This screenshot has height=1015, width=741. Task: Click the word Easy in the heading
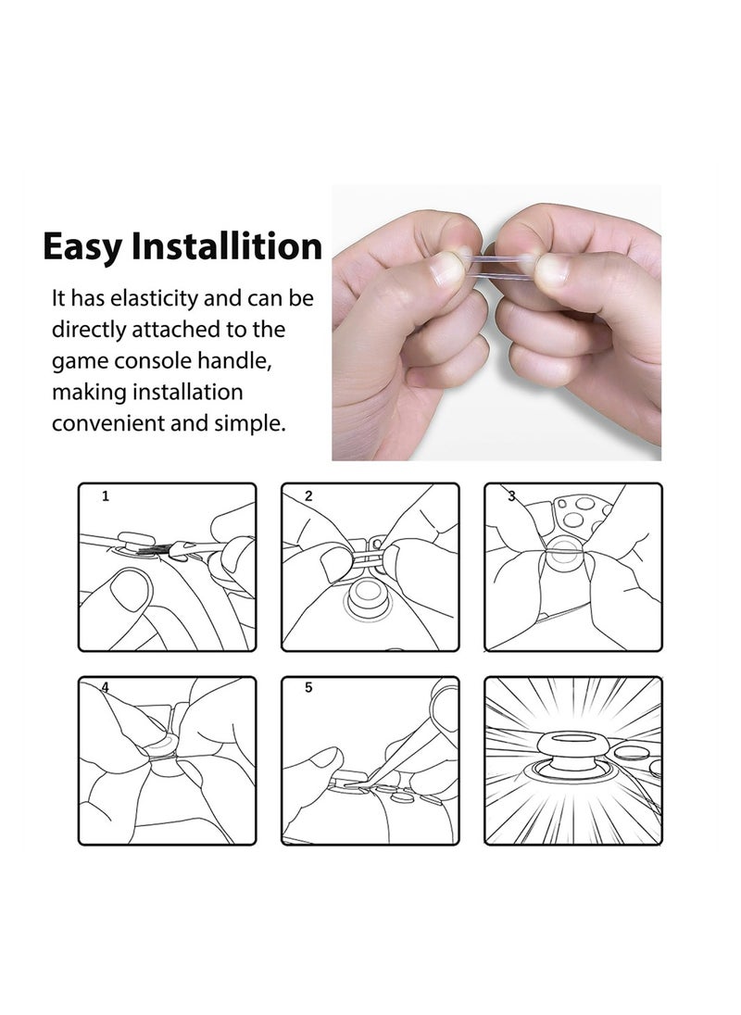[x=82, y=247]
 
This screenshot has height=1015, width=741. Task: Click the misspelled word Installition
[x=227, y=245]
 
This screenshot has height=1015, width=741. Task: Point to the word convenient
[x=107, y=424]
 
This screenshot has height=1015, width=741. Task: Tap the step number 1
[x=107, y=496]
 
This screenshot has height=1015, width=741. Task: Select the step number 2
[x=308, y=496]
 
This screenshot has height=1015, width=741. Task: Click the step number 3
[x=512, y=496]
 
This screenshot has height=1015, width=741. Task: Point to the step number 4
[x=105, y=687]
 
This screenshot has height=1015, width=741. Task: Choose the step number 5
[x=308, y=687]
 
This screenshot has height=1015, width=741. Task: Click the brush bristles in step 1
[x=154, y=549]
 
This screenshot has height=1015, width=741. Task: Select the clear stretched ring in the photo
[x=499, y=267]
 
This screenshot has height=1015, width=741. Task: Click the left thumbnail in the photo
[x=447, y=270]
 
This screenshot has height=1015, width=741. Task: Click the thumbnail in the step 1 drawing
[x=130, y=590]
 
